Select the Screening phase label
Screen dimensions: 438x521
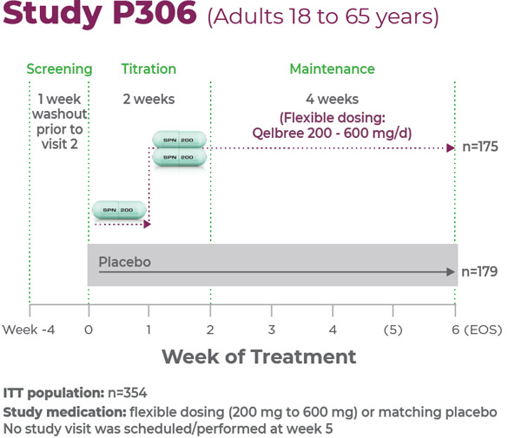[x=59, y=69]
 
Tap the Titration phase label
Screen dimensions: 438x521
[x=148, y=69]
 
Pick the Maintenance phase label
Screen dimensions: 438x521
[x=332, y=69]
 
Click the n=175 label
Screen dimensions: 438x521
[x=479, y=147]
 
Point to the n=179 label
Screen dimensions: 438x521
[x=479, y=271]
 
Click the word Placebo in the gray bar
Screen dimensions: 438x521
[x=124, y=261]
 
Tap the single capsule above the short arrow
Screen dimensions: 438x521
[x=120, y=210]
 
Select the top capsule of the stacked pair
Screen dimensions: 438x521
[x=180, y=139]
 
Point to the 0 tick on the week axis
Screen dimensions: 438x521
[x=88, y=330]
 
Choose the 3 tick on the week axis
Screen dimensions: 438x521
[x=271, y=330]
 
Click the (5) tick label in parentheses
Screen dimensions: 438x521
[x=393, y=330]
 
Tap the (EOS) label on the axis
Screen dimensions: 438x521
[x=484, y=330]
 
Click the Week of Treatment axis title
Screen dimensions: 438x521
[x=259, y=356]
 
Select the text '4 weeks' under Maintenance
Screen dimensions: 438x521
[x=332, y=99]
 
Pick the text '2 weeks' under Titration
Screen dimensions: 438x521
[x=148, y=99]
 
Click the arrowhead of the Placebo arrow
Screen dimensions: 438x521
[x=452, y=272]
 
